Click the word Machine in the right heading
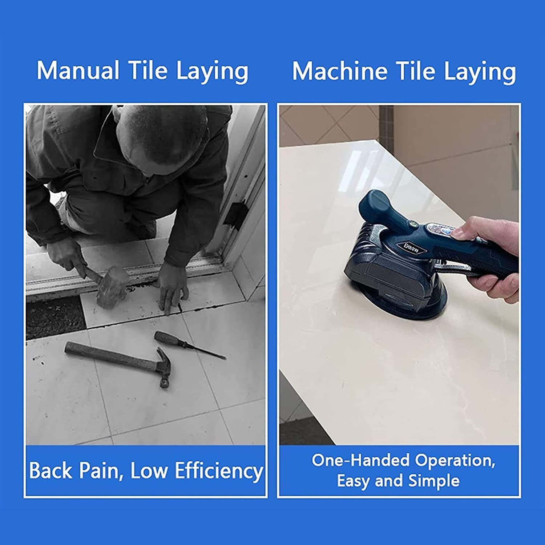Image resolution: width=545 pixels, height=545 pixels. click(x=339, y=71)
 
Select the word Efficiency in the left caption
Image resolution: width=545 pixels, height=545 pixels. click(x=219, y=471)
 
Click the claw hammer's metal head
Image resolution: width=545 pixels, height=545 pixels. click(x=163, y=367)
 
